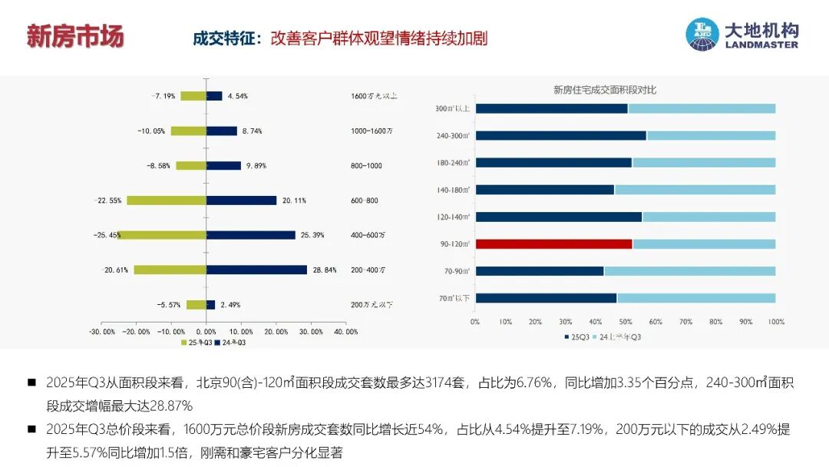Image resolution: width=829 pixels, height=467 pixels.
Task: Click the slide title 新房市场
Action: click(x=75, y=36)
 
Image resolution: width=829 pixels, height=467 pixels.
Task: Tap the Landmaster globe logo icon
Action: click(x=702, y=35)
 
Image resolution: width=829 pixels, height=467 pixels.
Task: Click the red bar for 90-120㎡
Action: click(x=553, y=243)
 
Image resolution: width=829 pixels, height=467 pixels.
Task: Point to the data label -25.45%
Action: click(x=106, y=235)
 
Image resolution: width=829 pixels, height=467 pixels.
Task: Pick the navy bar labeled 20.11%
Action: click(x=241, y=200)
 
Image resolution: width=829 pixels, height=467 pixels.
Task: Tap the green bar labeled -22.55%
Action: click(x=167, y=200)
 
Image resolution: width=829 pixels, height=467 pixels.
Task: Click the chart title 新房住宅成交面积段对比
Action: click(x=605, y=90)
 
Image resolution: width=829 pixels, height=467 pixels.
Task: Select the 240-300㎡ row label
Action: click(x=453, y=136)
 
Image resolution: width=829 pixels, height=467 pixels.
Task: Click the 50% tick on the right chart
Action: click(x=625, y=321)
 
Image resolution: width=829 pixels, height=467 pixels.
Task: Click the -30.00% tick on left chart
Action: click(x=102, y=332)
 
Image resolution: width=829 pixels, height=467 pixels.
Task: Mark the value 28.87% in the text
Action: click(x=166, y=405)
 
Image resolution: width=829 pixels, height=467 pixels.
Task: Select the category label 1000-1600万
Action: click(x=372, y=131)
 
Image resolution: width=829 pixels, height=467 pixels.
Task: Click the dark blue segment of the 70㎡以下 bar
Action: click(x=546, y=298)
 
